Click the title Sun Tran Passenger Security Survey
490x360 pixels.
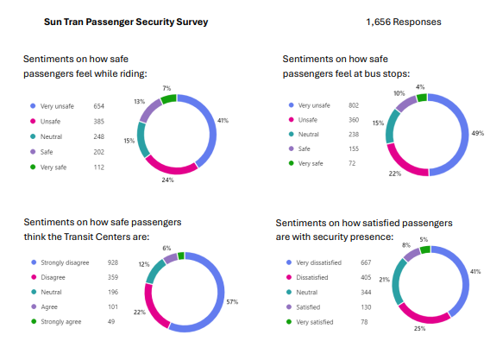126,20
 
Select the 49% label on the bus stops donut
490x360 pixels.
477,134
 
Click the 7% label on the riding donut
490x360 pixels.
166,88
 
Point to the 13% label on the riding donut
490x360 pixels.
139,101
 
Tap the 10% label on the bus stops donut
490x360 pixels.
399,93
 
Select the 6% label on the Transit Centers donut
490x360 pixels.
166,248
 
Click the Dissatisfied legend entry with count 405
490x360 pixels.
317,277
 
